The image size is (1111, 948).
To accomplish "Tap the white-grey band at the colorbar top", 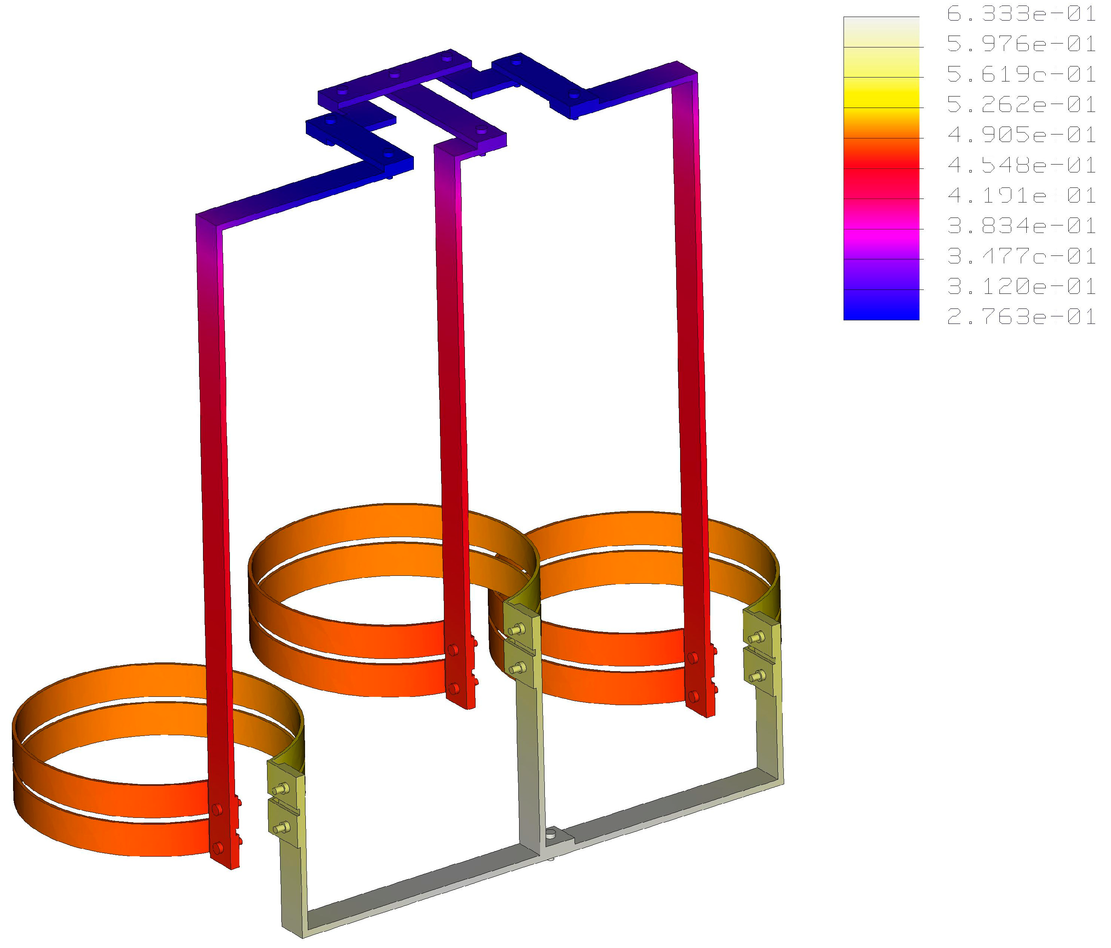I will coord(881,27).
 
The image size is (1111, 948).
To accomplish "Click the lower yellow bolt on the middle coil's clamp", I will coord(518,668).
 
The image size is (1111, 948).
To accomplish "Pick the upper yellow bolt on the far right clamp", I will coord(757,638).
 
